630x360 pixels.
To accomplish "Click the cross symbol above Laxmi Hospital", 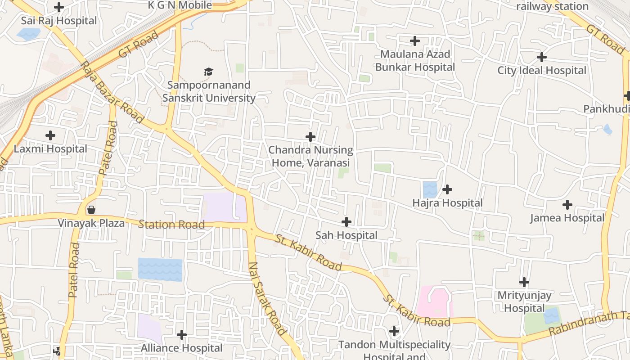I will tap(50, 135).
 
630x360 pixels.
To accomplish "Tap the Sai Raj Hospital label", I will tap(59, 21).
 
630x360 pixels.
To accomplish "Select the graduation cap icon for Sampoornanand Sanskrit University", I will tap(208, 72).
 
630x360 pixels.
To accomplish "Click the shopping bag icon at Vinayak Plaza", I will tap(91, 210).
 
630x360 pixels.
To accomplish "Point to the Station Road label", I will tap(171, 224).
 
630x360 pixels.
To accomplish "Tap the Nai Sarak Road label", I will tap(268, 299).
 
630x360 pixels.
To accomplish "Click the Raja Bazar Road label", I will tap(112, 92).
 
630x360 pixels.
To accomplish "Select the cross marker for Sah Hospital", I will tap(346, 221).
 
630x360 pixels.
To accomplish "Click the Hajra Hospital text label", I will tap(447, 203).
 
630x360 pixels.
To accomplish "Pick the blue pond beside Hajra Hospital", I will tap(430, 189).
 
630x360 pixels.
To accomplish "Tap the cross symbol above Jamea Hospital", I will tap(567, 205).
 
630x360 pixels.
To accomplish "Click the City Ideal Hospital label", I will tap(542, 71).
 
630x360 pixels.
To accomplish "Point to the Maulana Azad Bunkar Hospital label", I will tap(415, 61).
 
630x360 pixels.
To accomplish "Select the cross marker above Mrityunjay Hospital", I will tap(524, 282).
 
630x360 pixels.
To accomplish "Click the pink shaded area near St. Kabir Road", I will tap(434, 301).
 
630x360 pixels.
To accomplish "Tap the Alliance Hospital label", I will tap(182, 348).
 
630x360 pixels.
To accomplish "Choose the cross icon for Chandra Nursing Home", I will tap(310, 137).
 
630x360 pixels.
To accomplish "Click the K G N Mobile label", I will tap(180, 5).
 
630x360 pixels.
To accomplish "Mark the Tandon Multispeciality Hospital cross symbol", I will tap(394, 331).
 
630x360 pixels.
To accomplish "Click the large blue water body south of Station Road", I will tap(160, 269).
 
